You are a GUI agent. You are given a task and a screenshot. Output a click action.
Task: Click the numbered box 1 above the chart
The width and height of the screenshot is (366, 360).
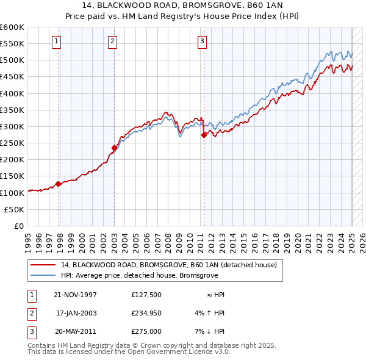click(x=56, y=41)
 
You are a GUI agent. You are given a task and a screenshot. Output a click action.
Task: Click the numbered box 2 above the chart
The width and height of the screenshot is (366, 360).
click(x=113, y=41)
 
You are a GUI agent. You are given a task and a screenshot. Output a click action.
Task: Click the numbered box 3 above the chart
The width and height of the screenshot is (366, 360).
click(x=202, y=41)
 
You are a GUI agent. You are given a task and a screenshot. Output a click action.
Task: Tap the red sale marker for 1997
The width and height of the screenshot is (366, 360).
click(x=59, y=183)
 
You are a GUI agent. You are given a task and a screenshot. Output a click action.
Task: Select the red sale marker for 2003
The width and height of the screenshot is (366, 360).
click(x=114, y=148)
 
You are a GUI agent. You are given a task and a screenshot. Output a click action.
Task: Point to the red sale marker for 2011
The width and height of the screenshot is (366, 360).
click(x=204, y=135)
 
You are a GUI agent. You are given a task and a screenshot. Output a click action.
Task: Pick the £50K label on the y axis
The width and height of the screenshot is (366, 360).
click(x=14, y=209)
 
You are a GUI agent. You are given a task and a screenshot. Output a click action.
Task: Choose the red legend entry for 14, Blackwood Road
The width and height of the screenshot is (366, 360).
click(x=169, y=265)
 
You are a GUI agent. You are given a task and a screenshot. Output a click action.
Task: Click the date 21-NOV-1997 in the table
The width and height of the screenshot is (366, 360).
click(x=75, y=295)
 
